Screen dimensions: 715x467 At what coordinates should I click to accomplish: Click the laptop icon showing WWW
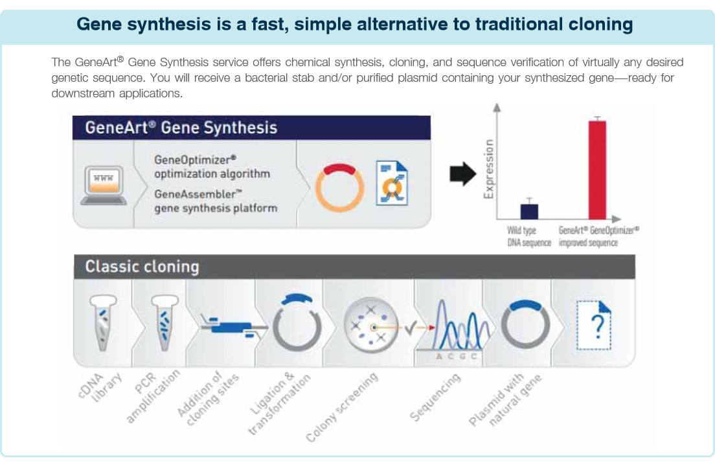(104, 185)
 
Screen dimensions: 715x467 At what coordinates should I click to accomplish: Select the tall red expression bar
(597, 169)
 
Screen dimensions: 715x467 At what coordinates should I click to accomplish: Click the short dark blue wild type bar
(529, 211)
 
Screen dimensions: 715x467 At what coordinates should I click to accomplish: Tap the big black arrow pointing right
(463, 174)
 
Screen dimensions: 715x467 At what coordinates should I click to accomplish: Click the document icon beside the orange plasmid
(392, 183)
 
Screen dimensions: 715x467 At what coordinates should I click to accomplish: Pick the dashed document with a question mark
(594, 325)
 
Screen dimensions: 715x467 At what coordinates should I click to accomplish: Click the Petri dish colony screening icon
(370, 325)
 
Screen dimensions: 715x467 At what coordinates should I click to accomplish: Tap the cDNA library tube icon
(103, 322)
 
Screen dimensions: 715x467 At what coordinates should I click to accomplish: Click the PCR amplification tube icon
(165, 322)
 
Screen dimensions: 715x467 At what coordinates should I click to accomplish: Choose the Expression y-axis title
(488, 169)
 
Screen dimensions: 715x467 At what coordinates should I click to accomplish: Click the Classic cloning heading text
(142, 267)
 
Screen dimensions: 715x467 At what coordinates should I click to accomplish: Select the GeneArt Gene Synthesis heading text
(181, 128)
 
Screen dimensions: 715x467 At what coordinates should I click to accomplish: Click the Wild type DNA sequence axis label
(529, 237)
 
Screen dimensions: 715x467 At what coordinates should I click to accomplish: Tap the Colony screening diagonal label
(342, 407)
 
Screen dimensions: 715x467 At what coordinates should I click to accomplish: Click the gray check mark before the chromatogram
(411, 328)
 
